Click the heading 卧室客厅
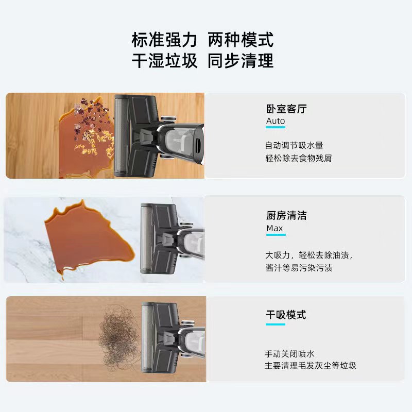(x=286, y=109)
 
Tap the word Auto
(x=276, y=121)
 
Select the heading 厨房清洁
(x=286, y=215)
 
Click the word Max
(x=274, y=228)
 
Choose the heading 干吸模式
(x=286, y=315)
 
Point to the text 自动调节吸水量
(x=294, y=146)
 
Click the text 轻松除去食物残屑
(x=299, y=158)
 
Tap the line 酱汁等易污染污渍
(x=299, y=268)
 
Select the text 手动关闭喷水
(x=289, y=354)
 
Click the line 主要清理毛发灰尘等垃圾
(x=310, y=366)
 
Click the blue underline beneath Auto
(x=276, y=129)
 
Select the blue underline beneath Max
(x=276, y=235)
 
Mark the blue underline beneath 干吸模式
(x=276, y=324)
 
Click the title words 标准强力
(x=164, y=40)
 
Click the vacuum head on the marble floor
(x=160, y=238)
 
